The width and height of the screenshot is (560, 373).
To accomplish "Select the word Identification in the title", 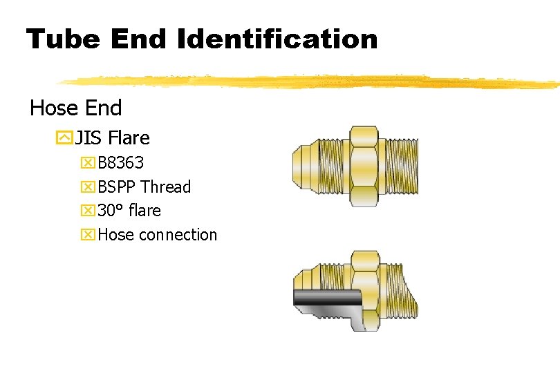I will point(277,39).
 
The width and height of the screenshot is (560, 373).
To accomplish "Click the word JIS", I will point(88,138).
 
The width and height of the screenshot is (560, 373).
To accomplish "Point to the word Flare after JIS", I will point(129,138).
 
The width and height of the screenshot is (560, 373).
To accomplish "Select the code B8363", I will point(121,163).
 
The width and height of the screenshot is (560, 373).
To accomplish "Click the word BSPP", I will point(117,187).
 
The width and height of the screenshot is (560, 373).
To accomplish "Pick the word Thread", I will point(166,187).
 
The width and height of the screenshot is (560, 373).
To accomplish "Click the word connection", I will point(178,235).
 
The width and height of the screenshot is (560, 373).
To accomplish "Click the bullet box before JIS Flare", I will point(65,138).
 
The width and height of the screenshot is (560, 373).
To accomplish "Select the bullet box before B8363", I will point(88,164).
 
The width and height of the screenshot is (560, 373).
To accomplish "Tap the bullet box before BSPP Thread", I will point(88,187).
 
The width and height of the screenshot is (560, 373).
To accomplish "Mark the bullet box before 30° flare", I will point(88,211).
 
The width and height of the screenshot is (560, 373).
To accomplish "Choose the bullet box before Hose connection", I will point(88,235).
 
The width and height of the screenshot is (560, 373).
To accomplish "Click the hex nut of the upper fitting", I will point(364,166).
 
